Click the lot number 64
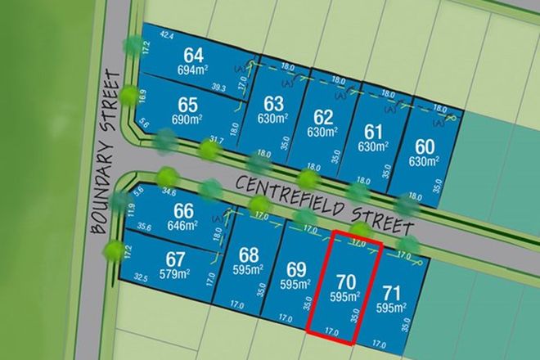coord(194,56)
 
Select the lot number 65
coord(187,106)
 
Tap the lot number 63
coord(273,103)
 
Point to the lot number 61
coord(374,131)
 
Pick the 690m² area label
coord(187,120)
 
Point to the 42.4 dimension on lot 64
coord(168,34)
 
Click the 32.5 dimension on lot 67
coord(141,278)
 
